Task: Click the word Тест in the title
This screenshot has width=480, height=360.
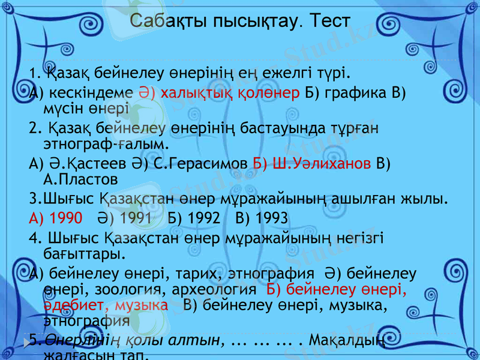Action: point(328,22)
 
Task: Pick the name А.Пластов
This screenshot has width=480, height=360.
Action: point(80,178)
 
